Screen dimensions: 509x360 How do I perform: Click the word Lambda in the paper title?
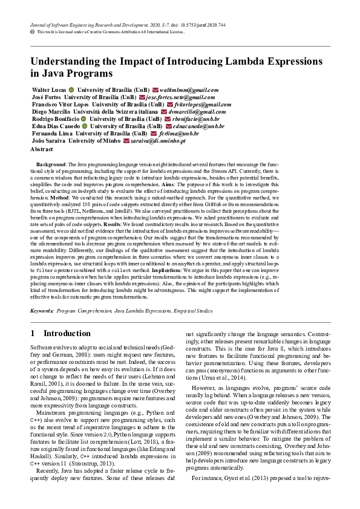pos(242,61)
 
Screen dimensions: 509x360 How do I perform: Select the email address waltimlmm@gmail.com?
pos(189,89)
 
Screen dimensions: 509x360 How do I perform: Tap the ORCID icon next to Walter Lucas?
pos(71,89)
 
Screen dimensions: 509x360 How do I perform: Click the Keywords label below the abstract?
pos(42,311)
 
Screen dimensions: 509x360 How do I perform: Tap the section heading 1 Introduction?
pos(60,333)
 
